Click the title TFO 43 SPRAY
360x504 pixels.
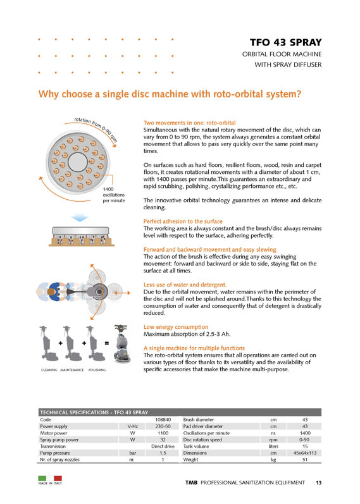[286, 42]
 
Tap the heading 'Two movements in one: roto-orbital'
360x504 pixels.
[190, 123]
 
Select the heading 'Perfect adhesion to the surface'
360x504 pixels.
[183, 221]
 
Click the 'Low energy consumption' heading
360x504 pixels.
[176, 327]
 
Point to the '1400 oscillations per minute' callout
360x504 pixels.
[113, 195]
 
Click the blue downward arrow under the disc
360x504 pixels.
[80, 218]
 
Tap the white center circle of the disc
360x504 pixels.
[78, 162]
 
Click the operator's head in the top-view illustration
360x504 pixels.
[51, 292]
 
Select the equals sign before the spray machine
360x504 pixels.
[106, 343]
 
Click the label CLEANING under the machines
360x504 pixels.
[49, 370]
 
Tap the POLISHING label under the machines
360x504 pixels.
[97, 370]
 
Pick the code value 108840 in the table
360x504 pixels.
[163, 420]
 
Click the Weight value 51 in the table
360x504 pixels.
[305, 460]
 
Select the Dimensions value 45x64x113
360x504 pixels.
[305, 453]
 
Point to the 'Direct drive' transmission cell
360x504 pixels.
[163, 446]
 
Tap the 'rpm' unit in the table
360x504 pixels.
[273, 439]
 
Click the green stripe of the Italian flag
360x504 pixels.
[42, 478]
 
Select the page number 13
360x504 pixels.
[318, 482]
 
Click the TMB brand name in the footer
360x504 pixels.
[192, 482]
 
